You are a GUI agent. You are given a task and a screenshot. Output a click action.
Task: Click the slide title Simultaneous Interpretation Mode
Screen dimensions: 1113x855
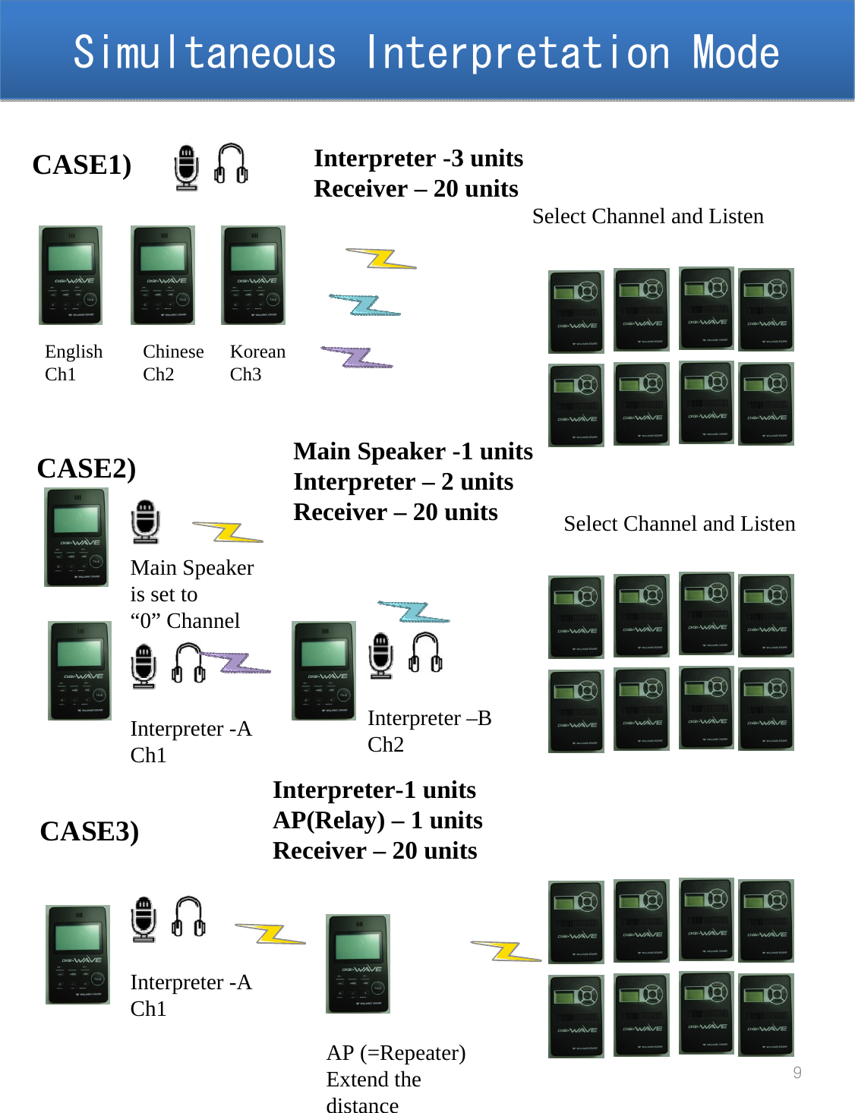coord(426,52)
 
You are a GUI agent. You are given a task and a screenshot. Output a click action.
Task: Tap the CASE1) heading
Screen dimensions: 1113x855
coord(82,165)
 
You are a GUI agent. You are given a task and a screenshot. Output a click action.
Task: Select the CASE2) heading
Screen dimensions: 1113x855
coord(87,468)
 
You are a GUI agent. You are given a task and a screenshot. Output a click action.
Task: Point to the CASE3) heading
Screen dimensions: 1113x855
coord(90,831)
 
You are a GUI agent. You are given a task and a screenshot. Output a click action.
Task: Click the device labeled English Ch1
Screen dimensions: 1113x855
coord(71,275)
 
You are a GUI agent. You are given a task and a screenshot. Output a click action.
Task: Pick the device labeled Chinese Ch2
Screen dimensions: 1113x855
coord(162,275)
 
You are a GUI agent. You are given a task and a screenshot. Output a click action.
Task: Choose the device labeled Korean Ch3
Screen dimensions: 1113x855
coord(253,275)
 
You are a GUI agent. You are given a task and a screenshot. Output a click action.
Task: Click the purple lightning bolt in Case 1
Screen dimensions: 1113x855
coord(357,357)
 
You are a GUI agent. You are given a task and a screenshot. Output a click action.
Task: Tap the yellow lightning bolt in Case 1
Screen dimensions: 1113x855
coord(381,259)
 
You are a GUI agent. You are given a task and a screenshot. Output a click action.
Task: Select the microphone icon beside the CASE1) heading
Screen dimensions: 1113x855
coord(186,167)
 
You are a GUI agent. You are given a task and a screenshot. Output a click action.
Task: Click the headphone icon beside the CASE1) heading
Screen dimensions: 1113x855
coord(231,164)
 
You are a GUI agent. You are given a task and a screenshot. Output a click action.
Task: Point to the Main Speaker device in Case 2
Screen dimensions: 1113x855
coord(76,537)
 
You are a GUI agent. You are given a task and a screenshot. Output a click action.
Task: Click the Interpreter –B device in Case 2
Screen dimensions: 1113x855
coord(323,670)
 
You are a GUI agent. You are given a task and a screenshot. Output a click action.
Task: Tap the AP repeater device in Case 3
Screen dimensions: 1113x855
coord(358,963)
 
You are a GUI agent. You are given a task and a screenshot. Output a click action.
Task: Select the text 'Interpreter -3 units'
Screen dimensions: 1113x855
coord(418,158)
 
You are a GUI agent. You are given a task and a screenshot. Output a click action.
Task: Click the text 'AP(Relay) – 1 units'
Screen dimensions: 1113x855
coord(377,821)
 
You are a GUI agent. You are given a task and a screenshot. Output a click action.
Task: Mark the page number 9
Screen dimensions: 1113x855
coord(797,1073)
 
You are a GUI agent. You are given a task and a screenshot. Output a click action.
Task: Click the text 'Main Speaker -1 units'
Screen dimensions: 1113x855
coord(413,452)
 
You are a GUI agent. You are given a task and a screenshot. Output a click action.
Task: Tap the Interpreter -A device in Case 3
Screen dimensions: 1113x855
coord(77,954)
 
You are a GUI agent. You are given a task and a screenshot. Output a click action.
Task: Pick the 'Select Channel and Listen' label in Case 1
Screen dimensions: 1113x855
coord(648,216)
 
